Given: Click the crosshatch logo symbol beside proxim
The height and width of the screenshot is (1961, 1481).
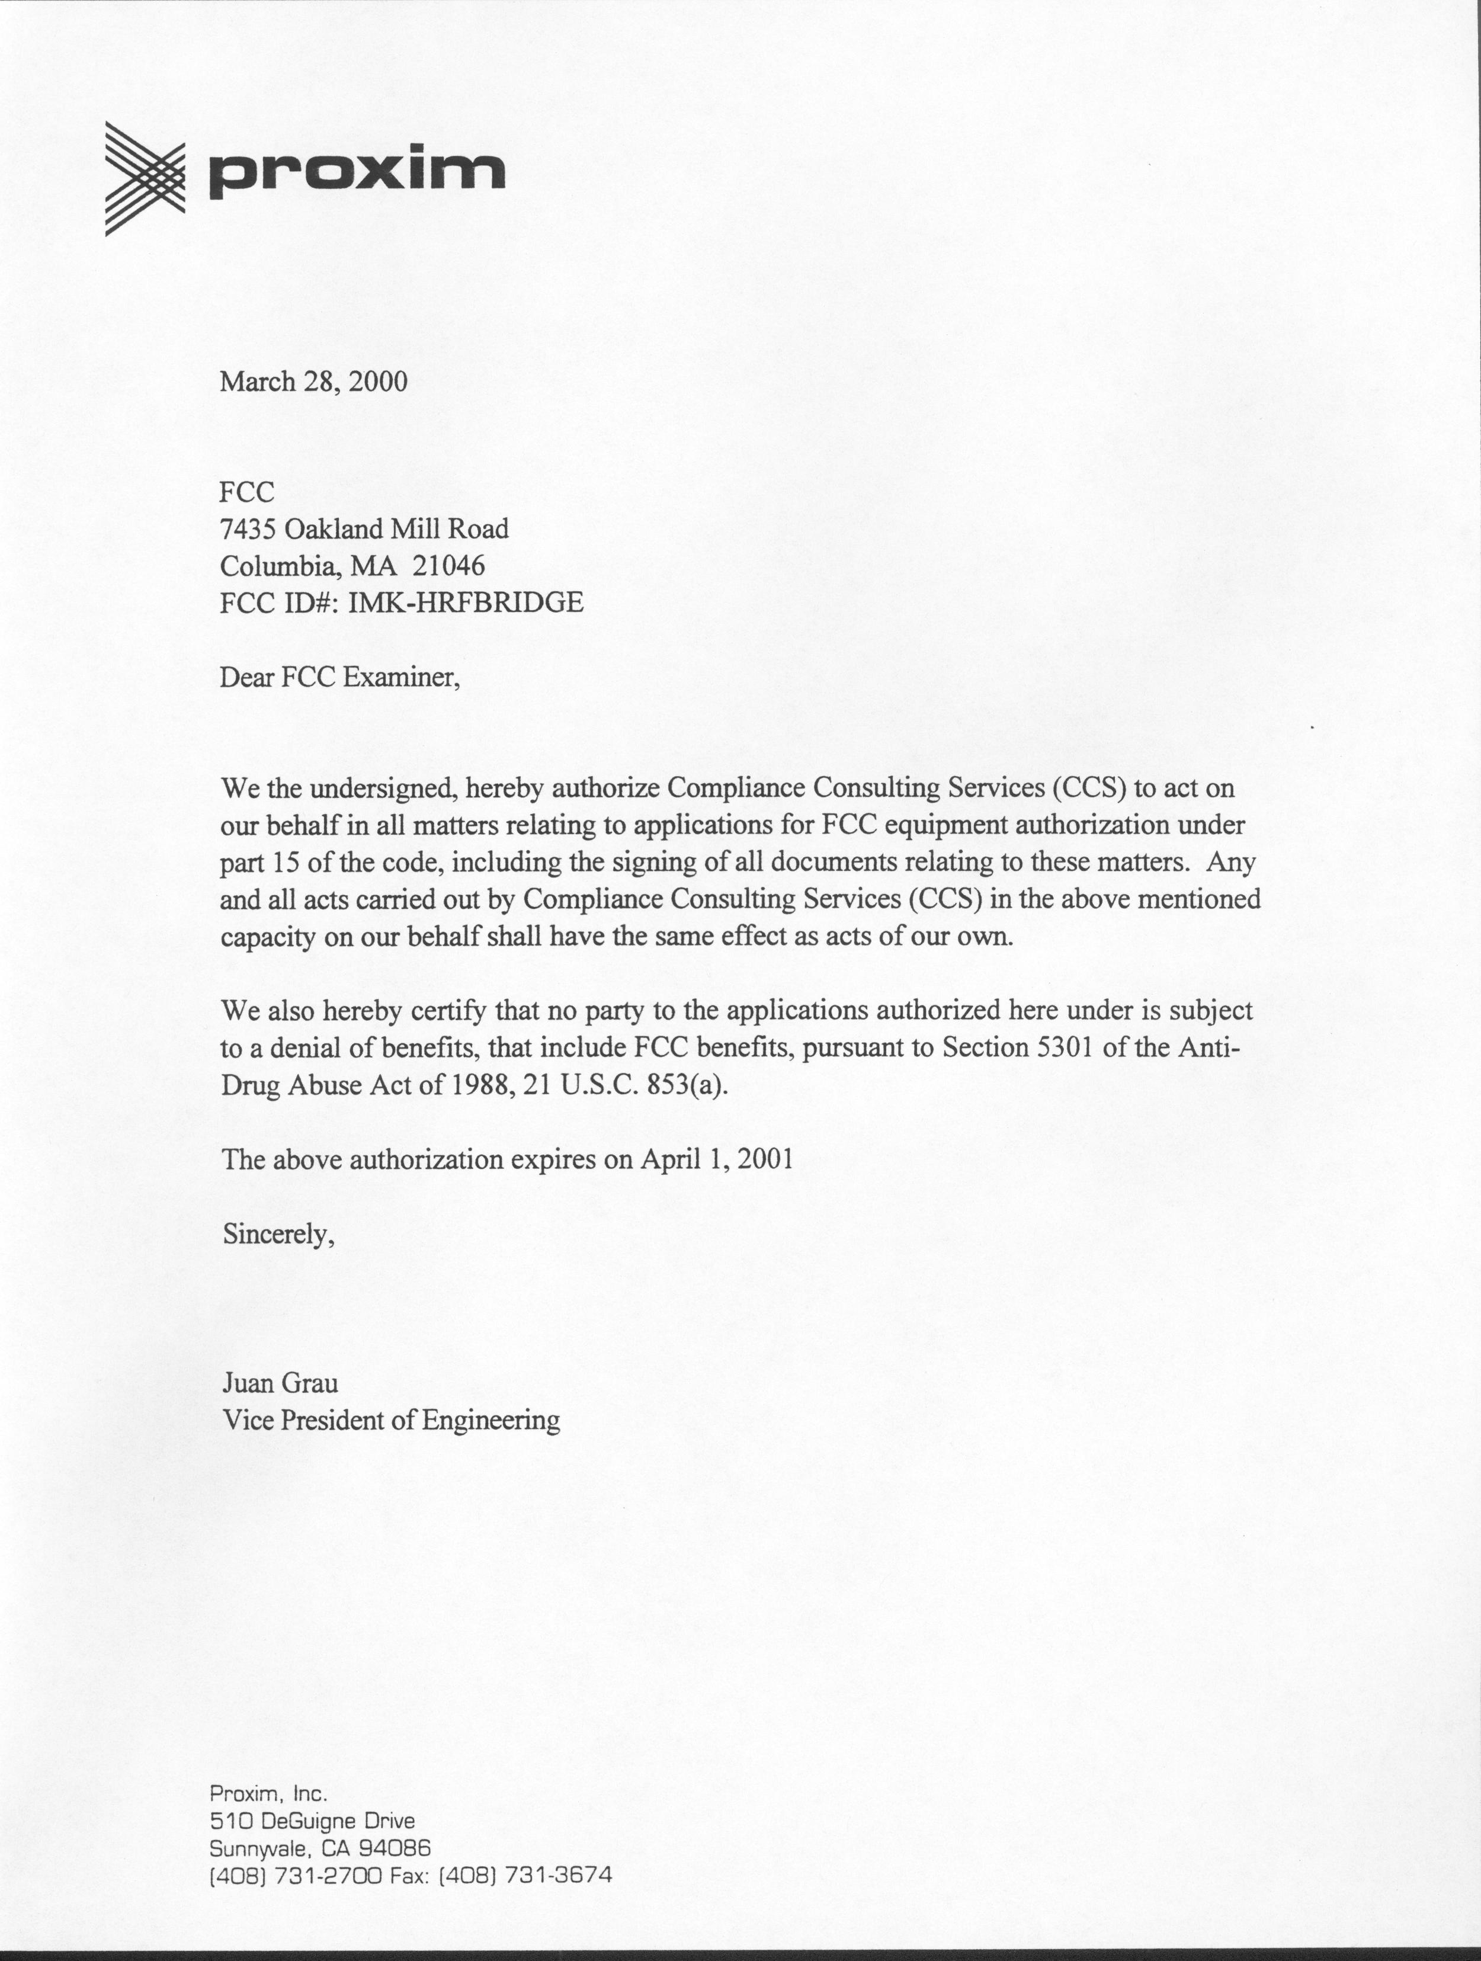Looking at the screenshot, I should click(x=145, y=178).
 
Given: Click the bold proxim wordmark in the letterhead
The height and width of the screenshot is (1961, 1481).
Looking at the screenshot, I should click(x=356, y=172).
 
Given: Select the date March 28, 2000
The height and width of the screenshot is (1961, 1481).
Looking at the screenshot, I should click(x=314, y=382).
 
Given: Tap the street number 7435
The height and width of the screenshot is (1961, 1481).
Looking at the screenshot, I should click(x=248, y=529).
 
